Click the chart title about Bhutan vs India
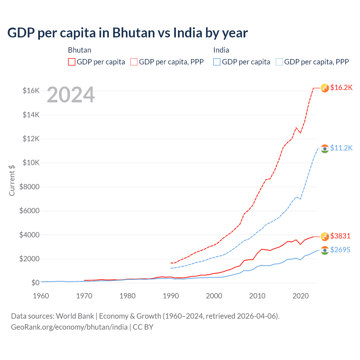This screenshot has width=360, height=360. [x=127, y=33]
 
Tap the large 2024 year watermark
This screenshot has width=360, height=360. [x=71, y=95]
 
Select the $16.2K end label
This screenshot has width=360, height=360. [x=341, y=88]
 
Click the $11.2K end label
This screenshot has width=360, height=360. [x=341, y=148]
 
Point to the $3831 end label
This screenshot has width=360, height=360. [x=340, y=236]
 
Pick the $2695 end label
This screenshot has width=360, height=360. [x=340, y=250]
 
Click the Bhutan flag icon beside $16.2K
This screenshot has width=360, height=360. [x=325, y=88]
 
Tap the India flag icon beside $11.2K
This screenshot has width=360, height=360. [x=325, y=148]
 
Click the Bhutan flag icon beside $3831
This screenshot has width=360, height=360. [x=325, y=237]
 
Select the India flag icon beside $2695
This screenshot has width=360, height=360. [x=325, y=250]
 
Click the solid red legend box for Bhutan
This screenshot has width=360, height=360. [x=72, y=62]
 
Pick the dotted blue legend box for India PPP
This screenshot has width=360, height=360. [x=279, y=62]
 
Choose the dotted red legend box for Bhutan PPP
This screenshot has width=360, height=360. [x=134, y=62]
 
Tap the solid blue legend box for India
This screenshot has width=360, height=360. [x=217, y=62]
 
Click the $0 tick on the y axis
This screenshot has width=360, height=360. [x=35, y=283]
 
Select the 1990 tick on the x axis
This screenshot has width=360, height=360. [x=171, y=296]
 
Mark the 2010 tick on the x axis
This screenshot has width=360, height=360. [x=257, y=296]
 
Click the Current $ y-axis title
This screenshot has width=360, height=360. [x=12, y=181]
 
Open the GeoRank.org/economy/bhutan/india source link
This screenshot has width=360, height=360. [x=69, y=327]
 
